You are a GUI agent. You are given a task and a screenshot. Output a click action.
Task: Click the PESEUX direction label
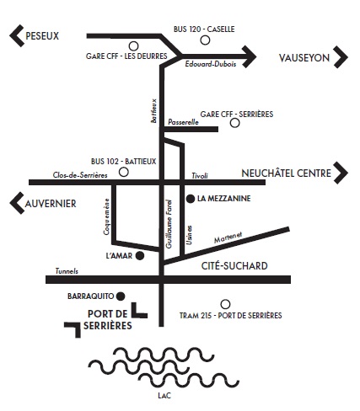click(x=42, y=36)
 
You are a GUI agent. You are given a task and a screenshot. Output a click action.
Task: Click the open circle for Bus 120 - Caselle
click(x=205, y=40)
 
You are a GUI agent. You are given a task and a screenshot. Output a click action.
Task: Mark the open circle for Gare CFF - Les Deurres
click(x=133, y=45)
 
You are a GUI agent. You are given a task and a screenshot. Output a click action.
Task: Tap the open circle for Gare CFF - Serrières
click(x=235, y=123)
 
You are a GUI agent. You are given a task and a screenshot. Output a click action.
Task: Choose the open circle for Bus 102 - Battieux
click(x=124, y=172)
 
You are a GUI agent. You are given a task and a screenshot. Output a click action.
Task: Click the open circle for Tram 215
click(x=225, y=304)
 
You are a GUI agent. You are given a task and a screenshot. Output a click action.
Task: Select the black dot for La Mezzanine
click(x=191, y=199)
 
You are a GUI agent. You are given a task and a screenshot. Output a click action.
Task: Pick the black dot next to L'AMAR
click(x=140, y=256)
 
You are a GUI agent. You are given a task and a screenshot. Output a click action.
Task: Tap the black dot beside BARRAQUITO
click(x=121, y=296)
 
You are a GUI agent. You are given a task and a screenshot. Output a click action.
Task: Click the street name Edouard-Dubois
click(x=211, y=64)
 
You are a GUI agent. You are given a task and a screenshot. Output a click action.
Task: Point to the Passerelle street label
click(x=183, y=122)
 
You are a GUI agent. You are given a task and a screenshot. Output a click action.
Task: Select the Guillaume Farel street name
click(x=169, y=224)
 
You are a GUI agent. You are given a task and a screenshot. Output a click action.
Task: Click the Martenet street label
click(x=228, y=238)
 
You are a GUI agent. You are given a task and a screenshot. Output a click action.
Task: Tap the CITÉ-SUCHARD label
click(x=234, y=266)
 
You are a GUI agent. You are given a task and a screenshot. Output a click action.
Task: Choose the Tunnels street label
click(x=67, y=271)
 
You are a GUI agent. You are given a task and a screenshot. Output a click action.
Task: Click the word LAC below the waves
click(x=164, y=396)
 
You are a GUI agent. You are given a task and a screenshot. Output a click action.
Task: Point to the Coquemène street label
click(x=106, y=216)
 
